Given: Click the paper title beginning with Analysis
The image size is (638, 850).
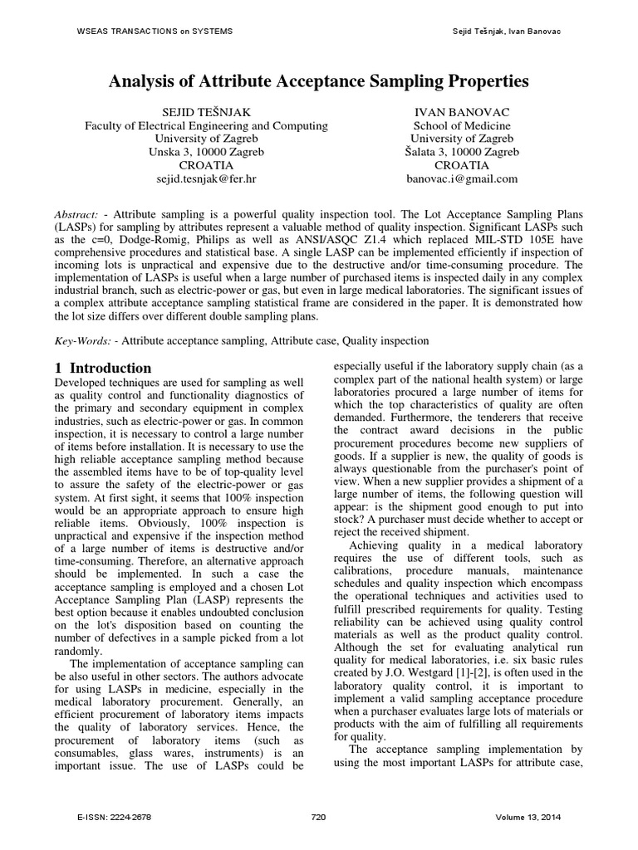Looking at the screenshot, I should (x=319, y=81).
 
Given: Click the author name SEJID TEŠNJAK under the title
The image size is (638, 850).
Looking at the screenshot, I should (x=207, y=112).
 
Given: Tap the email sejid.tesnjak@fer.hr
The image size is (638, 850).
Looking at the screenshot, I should (x=207, y=178).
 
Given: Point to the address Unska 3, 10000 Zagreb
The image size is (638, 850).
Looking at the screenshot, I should (x=207, y=152).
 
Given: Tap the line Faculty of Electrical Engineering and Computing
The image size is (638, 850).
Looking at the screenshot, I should (x=207, y=125).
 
